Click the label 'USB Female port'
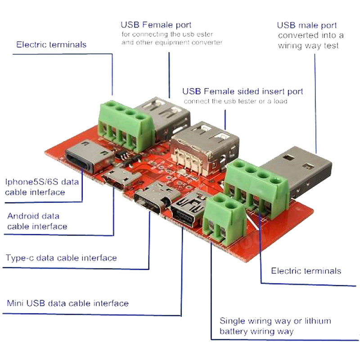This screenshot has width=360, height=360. pos(156,25)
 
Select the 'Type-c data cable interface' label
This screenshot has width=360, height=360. pos(61,258)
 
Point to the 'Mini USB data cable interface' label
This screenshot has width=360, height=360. pos(67,303)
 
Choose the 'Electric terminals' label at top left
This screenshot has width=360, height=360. pos(51,45)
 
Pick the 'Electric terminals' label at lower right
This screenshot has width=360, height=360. pos(306,271)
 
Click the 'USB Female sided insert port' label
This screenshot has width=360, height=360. pos(243,91)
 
